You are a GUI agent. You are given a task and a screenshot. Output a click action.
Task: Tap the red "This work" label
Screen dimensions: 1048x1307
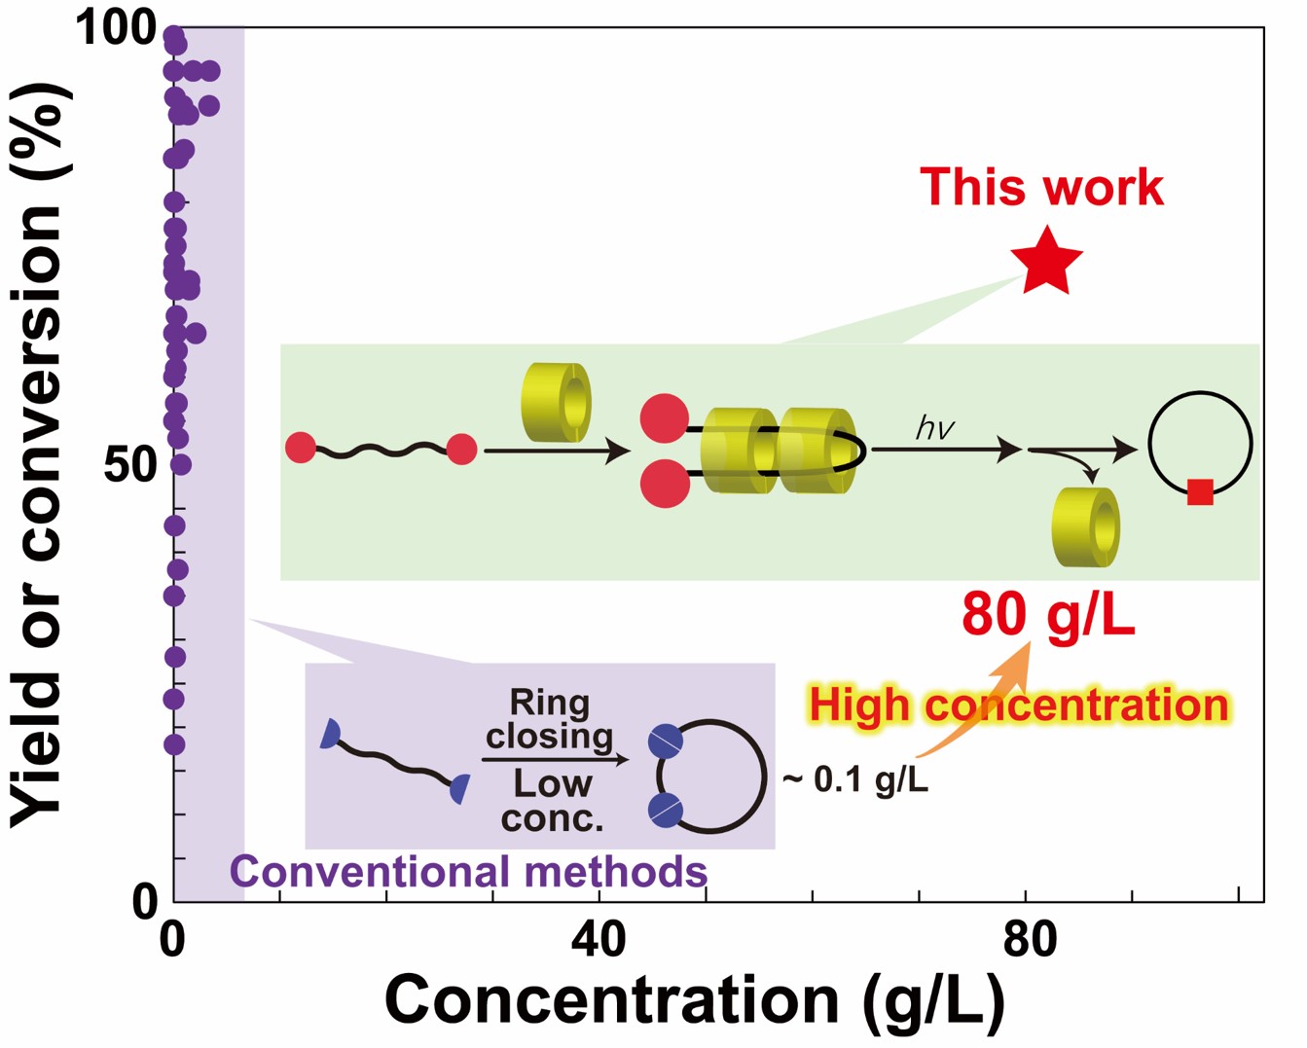(1041, 187)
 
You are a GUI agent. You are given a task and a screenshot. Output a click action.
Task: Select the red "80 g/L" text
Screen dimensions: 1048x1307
(1048, 615)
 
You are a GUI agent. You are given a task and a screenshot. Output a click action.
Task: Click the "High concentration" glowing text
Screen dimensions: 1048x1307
(1018, 705)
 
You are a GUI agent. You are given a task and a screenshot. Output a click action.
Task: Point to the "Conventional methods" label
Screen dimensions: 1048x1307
(468, 872)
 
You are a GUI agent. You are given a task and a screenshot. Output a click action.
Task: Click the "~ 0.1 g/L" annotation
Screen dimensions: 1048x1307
(855, 779)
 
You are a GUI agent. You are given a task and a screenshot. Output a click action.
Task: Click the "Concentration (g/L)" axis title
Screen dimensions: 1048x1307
(695, 999)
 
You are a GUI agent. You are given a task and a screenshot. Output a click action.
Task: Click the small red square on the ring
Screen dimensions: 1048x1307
(1200, 492)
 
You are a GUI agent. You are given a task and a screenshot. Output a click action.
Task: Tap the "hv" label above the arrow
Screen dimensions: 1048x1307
(934, 428)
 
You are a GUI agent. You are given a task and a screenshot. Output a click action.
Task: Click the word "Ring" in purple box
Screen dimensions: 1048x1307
(550, 703)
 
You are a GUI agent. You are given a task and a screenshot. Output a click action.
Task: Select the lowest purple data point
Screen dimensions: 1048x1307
(174, 744)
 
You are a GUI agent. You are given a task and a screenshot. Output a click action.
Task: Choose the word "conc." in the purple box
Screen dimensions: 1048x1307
(552, 818)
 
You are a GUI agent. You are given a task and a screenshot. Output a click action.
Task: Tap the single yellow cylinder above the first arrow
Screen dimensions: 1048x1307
(556, 403)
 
